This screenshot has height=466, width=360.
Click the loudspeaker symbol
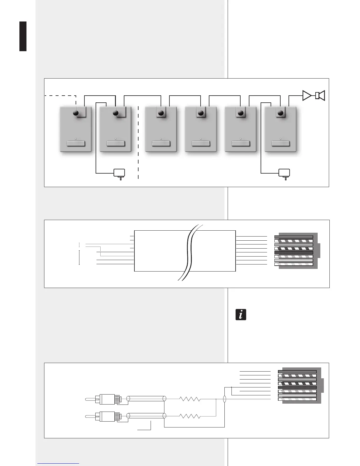(x=320, y=96)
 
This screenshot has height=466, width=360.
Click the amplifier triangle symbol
(x=306, y=96)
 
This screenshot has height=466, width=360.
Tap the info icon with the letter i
(x=241, y=314)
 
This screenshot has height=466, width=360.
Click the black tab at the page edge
(x=23, y=36)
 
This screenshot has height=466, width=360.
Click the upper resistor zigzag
(x=190, y=399)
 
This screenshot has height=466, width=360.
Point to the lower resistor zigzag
(x=190, y=416)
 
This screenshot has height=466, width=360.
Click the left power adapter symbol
(x=119, y=173)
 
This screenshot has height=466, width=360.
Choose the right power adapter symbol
(x=284, y=173)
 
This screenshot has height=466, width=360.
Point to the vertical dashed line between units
(x=138, y=141)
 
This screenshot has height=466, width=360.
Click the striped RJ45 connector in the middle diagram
(x=296, y=251)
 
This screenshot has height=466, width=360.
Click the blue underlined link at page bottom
(x=58, y=463)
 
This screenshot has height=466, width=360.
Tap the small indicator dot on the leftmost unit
(x=76, y=139)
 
